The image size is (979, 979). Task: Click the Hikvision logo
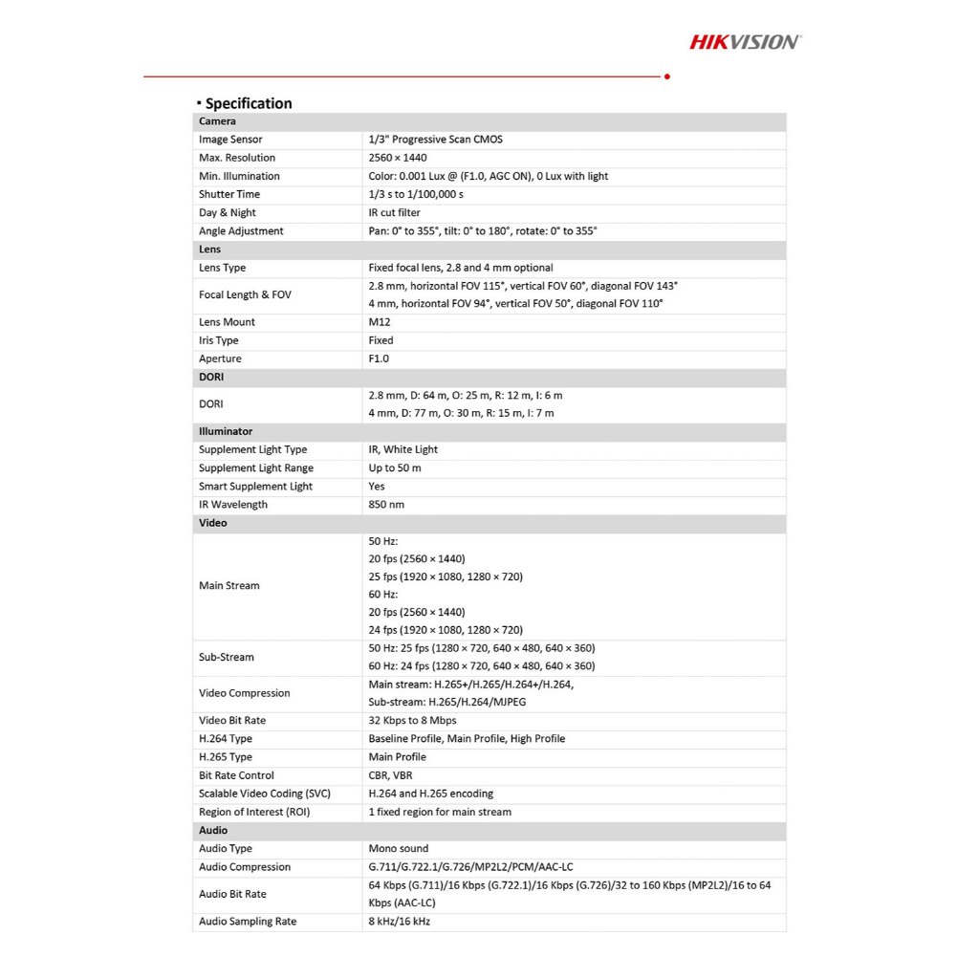click(746, 41)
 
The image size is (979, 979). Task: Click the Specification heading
click(248, 103)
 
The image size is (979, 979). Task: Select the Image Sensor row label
click(230, 140)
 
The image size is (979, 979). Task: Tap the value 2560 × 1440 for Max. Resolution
click(398, 158)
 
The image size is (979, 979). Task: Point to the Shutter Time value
click(416, 194)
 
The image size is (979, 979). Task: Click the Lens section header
click(210, 250)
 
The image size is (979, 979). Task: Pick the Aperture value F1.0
click(380, 359)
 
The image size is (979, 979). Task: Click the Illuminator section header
click(226, 431)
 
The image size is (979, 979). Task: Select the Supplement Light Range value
click(395, 468)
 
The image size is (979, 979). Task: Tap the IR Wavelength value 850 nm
click(386, 505)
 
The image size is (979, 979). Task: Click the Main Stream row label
click(229, 585)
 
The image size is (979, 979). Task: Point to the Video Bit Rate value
click(412, 720)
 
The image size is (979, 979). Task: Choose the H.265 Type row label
click(226, 757)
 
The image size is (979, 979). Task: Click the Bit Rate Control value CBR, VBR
click(390, 775)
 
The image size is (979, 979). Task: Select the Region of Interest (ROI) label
click(254, 812)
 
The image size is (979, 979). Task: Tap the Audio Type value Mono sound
click(399, 848)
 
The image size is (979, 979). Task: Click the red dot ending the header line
click(666, 76)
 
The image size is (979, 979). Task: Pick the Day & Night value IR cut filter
click(394, 212)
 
